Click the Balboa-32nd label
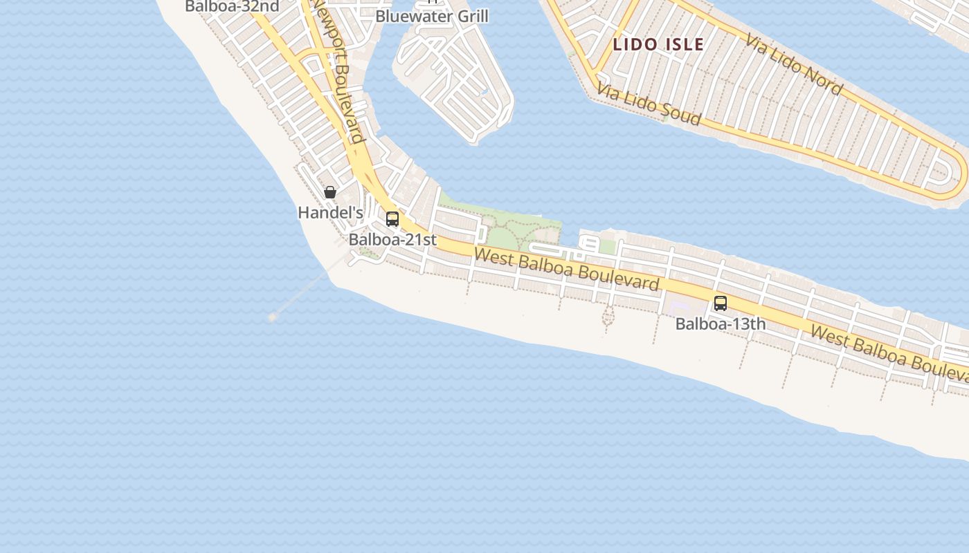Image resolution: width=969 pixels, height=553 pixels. pyautogui.click(x=232, y=7)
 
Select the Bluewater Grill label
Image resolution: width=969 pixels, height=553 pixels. pyautogui.click(x=432, y=16)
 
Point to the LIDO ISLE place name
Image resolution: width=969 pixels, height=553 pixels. pyautogui.click(x=658, y=45)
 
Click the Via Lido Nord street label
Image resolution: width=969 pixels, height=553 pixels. pyautogui.click(x=793, y=64)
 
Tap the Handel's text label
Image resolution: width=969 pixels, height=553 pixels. pyautogui.click(x=330, y=213)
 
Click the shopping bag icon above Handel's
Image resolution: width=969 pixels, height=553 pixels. pyautogui.click(x=330, y=192)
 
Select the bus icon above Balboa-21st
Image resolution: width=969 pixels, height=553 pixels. pyautogui.click(x=392, y=219)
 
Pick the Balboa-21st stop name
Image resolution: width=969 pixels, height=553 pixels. pyautogui.click(x=392, y=240)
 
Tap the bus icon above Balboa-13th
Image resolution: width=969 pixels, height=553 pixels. pyautogui.click(x=721, y=303)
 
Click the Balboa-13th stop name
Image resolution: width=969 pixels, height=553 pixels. pyautogui.click(x=721, y=324)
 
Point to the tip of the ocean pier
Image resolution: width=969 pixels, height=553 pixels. pyautogui.click(x=273, y=317)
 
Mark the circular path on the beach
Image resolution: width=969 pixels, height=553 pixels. pyautogui.click(x=608, y=317)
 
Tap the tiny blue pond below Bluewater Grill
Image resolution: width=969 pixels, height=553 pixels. pyautogui.click(x=484, y=92)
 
